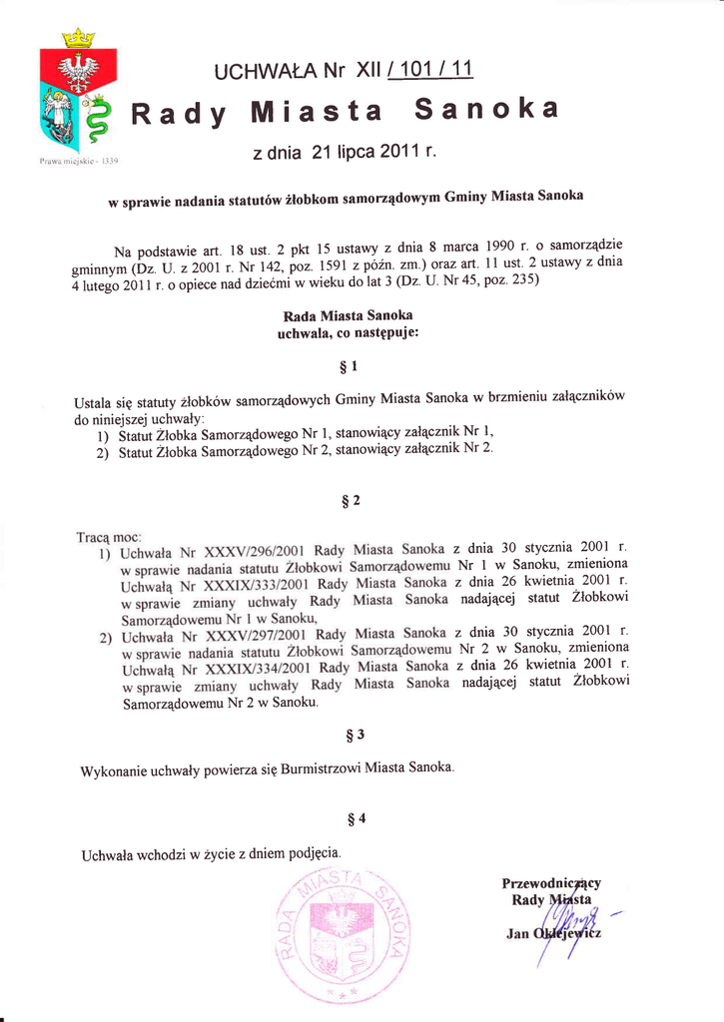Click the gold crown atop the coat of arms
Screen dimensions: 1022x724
77,38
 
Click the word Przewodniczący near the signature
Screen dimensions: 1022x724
550,882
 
